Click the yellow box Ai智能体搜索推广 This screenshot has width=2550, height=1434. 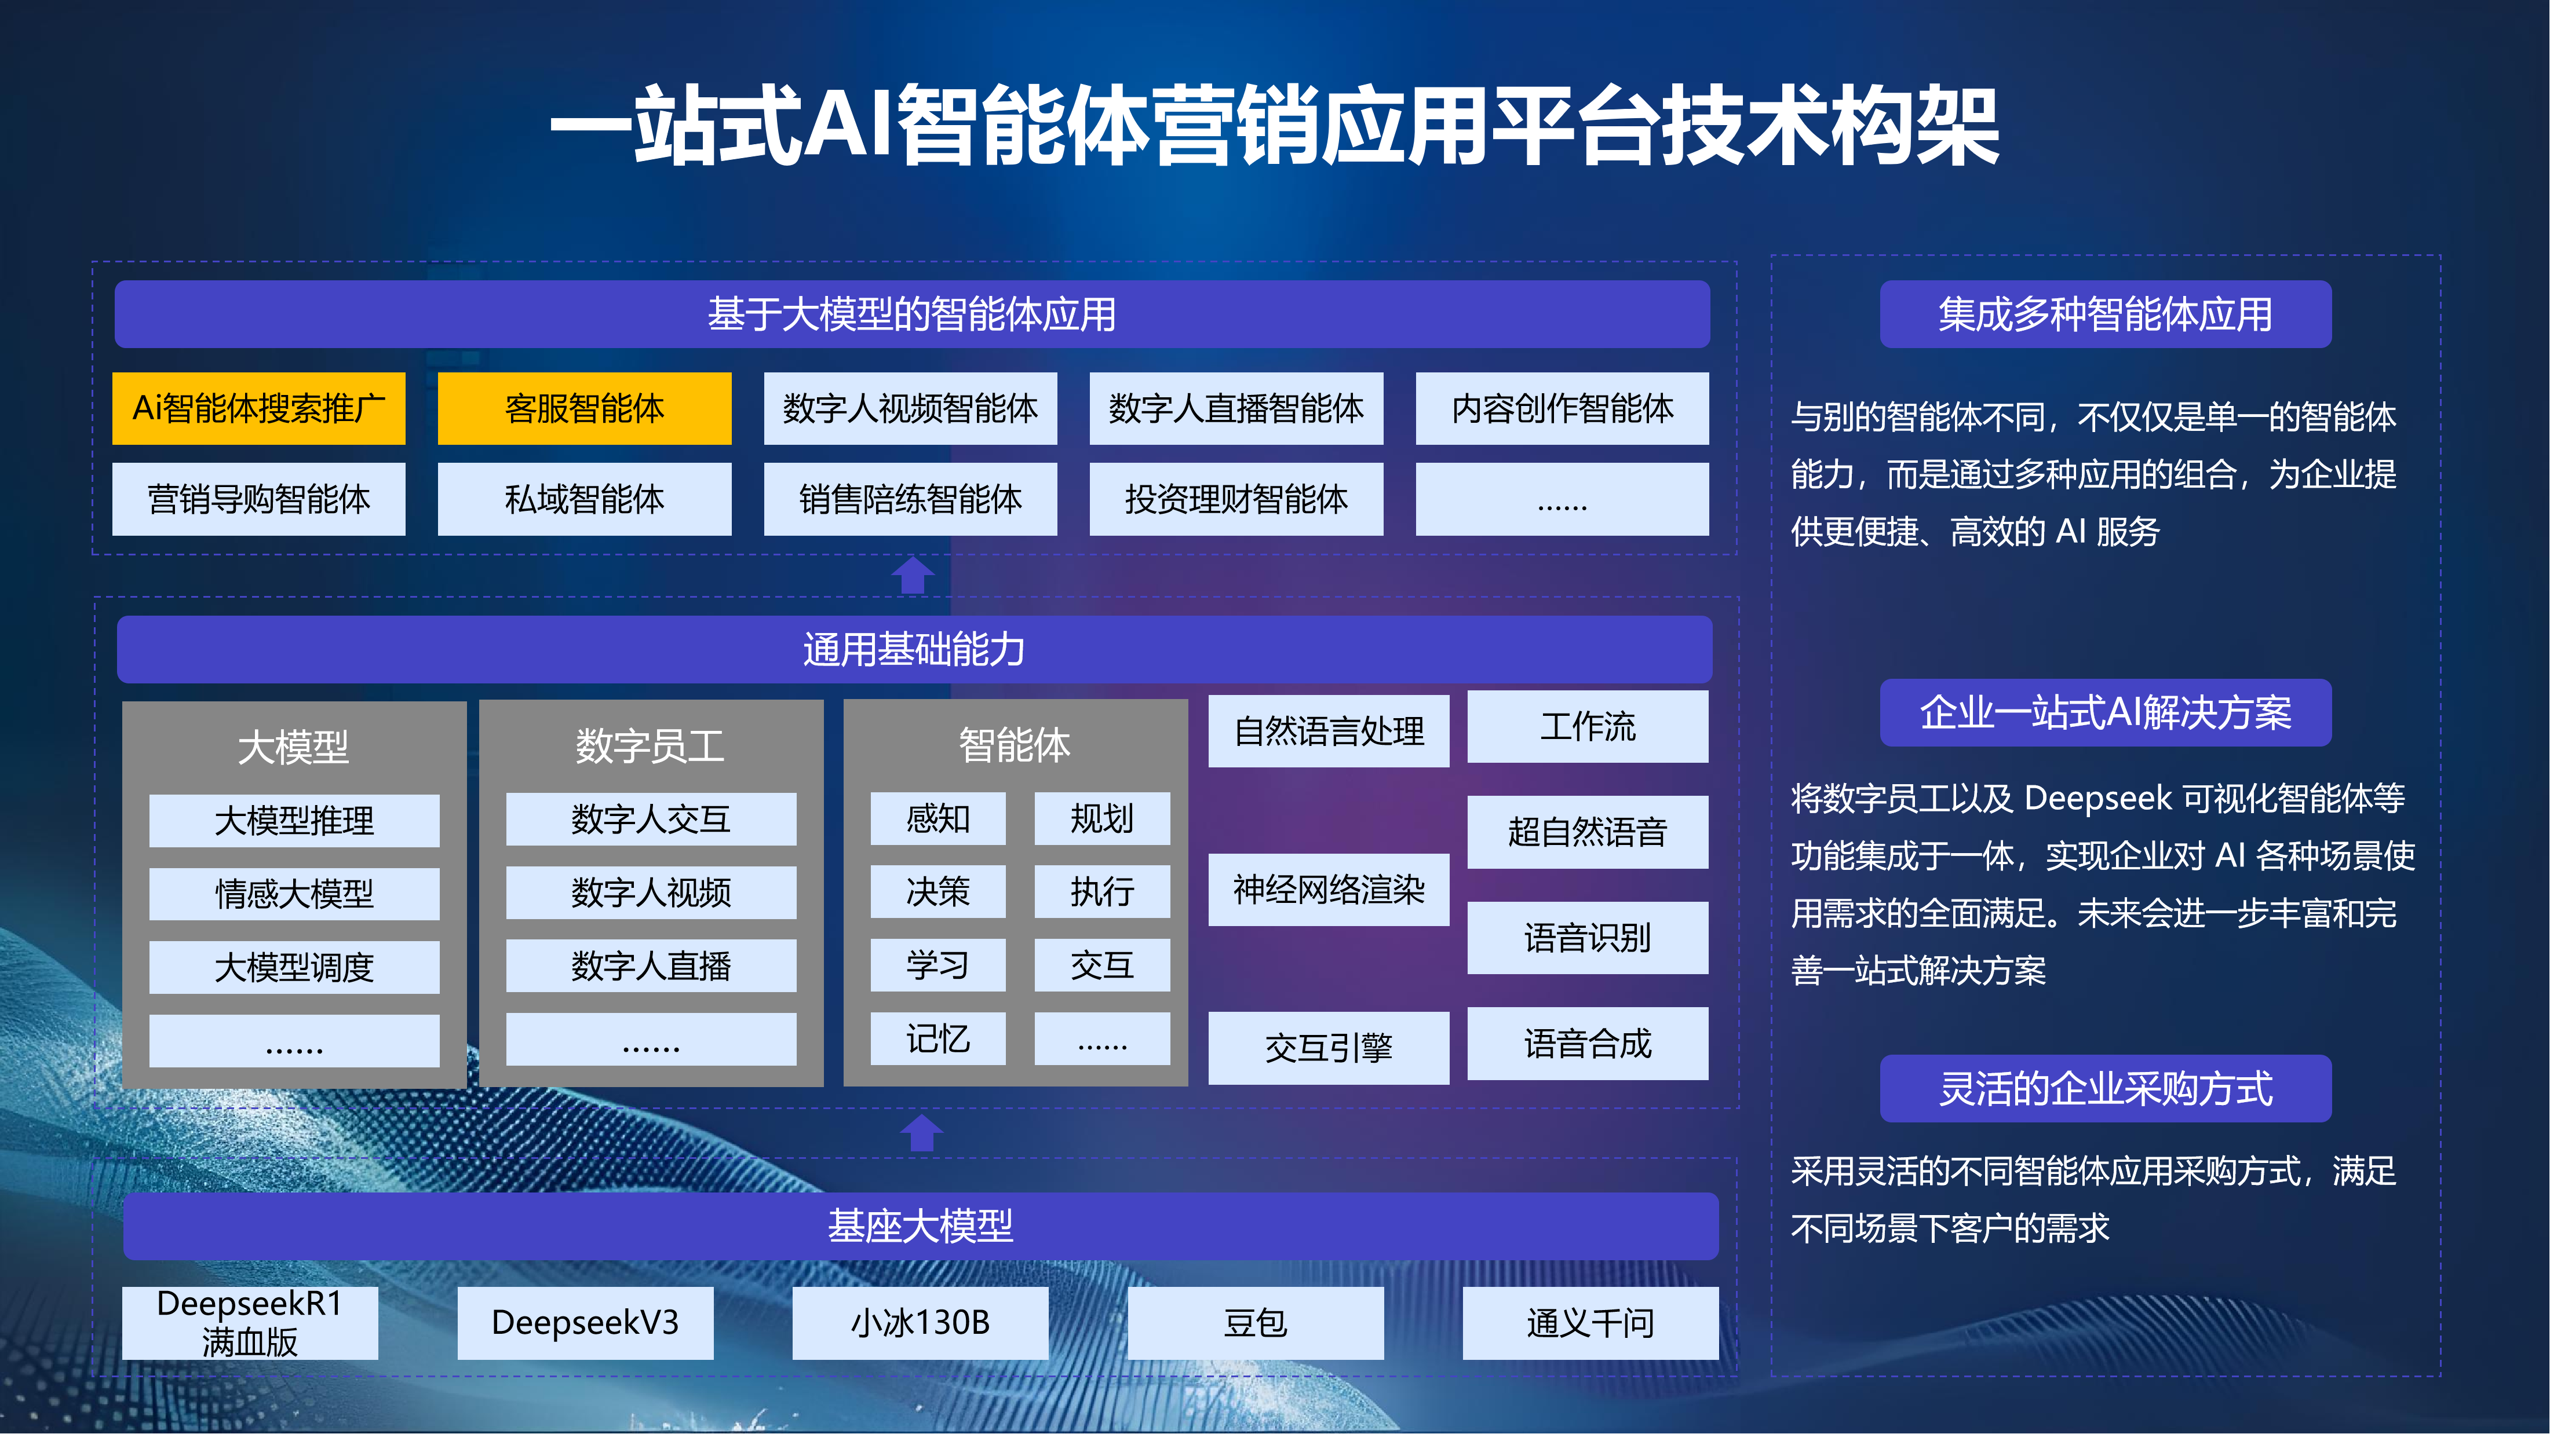tap(258, 408)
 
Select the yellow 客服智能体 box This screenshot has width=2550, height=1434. tap(584, 408)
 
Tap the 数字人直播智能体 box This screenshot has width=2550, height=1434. tap(1235, 408)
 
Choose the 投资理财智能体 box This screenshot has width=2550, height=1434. tap(1235, 499)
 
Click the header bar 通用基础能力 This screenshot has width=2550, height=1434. tap(914, 649)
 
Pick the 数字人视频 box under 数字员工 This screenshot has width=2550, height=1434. tap(650, 892)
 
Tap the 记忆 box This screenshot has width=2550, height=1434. tap(937, 1038)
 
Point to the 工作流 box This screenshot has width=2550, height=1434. tap(1587, 726)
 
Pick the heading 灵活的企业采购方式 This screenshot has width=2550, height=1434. tap(2106, 1089)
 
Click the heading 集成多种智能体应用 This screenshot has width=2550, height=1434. tap(2106, 314)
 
